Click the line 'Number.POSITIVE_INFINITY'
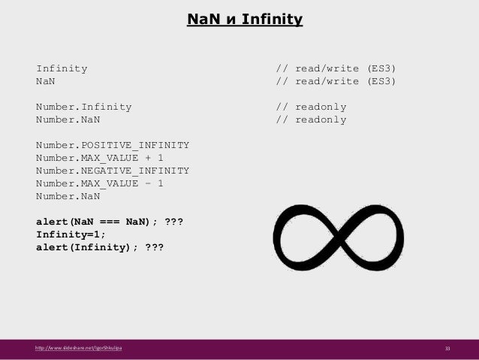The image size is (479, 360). tap(113, 144)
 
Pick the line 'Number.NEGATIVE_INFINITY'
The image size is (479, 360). tap(113, 170)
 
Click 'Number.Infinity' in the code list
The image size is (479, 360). tap(83, 106)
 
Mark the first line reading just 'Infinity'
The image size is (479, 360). tap(62, 68)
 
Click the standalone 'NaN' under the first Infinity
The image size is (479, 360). tap(46, 80)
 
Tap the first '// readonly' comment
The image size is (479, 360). tap(311, 106)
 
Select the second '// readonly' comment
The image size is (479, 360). tap(311, 119)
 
